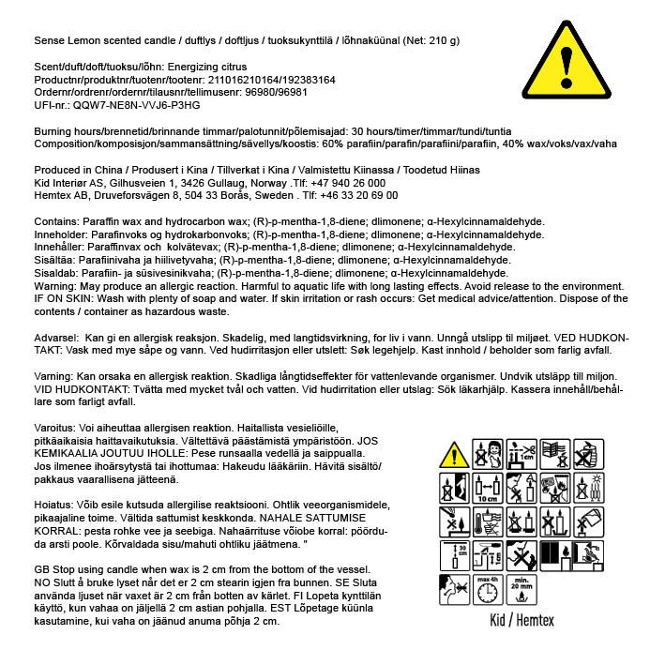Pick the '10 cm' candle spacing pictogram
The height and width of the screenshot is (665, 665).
coord(487,488)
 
